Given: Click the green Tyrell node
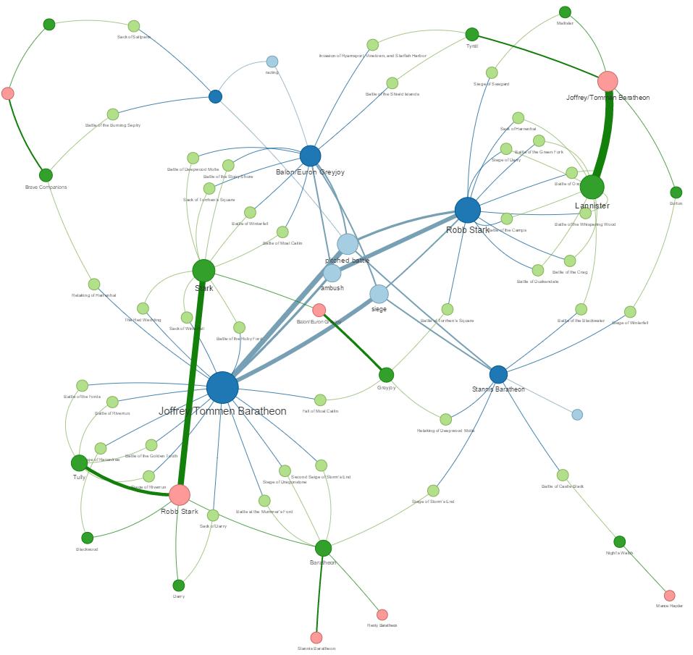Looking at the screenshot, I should (472, 34).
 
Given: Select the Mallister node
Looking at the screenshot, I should (565, 12).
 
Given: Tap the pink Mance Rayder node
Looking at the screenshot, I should (670, 596).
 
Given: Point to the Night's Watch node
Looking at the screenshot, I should (619, 541).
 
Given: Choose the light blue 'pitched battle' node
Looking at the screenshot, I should (348, 244).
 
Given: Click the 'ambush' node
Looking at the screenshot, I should (332, 273).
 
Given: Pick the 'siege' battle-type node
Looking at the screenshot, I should (379, 294).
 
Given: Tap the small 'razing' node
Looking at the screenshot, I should (272, 62).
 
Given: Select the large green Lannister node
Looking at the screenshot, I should (592, 187).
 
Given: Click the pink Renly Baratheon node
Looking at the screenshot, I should (382, 614).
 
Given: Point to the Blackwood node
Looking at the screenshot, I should (87, 538).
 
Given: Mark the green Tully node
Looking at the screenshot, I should (79, 462).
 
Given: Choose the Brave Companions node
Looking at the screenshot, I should (46, 175).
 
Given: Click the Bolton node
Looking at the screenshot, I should (676, 193).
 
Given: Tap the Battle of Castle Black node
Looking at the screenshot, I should (563, 476).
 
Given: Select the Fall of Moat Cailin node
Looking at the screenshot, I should (320, 400).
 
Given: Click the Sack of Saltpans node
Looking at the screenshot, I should (134, 26).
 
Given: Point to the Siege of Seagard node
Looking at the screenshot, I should (492, 72).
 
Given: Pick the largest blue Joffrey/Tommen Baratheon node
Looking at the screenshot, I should (222, 387).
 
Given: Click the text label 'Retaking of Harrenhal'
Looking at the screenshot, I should (94, 295).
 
